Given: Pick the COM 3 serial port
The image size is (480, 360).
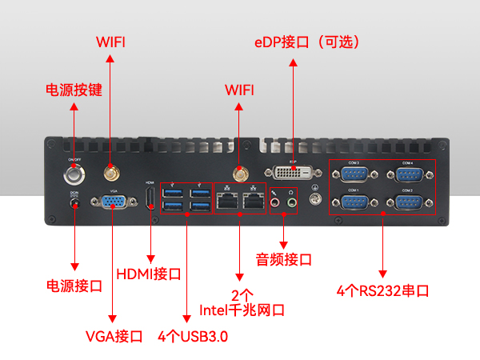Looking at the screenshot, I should tap(353, 175).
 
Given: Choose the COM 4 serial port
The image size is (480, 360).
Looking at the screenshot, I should tap(407, 175).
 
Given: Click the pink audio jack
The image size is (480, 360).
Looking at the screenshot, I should tap(274, 202).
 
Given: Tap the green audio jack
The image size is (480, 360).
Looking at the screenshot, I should tap(292, 202).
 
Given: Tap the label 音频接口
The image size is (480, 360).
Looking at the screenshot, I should tap(283, 260).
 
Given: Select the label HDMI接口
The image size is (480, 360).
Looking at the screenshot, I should tap(149, 274).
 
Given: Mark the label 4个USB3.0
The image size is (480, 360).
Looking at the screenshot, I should tap(193, 336).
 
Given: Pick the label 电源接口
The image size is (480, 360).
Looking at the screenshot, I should tap(74, 286).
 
